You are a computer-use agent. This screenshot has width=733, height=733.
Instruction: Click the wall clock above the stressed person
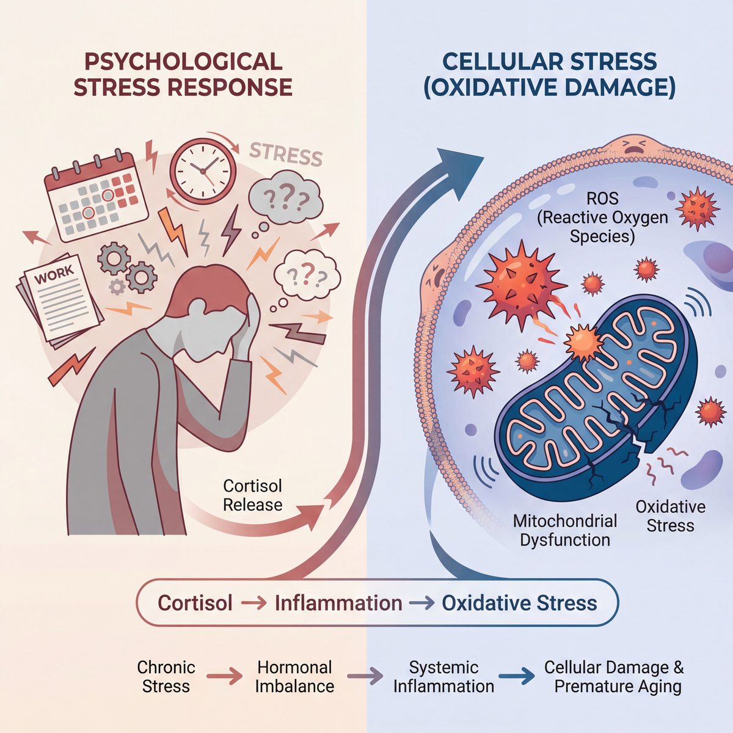203,171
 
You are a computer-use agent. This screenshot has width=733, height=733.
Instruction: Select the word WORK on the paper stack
54,274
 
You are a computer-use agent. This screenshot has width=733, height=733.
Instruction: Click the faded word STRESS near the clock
286,154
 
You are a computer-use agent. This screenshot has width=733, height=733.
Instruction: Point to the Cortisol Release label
252,495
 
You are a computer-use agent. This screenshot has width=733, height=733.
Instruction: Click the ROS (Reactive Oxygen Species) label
602,217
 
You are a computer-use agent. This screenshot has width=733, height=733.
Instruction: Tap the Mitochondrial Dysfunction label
565,530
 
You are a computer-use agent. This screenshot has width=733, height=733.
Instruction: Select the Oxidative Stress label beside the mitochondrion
670,516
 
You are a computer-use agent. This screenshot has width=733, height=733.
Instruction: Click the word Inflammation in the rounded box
338,604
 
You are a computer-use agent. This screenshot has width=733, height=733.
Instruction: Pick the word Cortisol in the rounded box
195,604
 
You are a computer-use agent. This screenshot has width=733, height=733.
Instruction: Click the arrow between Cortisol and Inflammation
253,604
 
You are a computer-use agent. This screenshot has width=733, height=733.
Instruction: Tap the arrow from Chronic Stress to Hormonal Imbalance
224,676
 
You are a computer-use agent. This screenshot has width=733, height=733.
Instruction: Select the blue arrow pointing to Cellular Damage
517,676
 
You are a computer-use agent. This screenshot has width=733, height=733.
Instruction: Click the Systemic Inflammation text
443,677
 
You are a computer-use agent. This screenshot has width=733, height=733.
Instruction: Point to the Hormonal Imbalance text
294,677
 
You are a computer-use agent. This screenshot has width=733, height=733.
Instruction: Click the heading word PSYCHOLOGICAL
183,61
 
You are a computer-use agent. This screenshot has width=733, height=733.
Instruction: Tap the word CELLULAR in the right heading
495,61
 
